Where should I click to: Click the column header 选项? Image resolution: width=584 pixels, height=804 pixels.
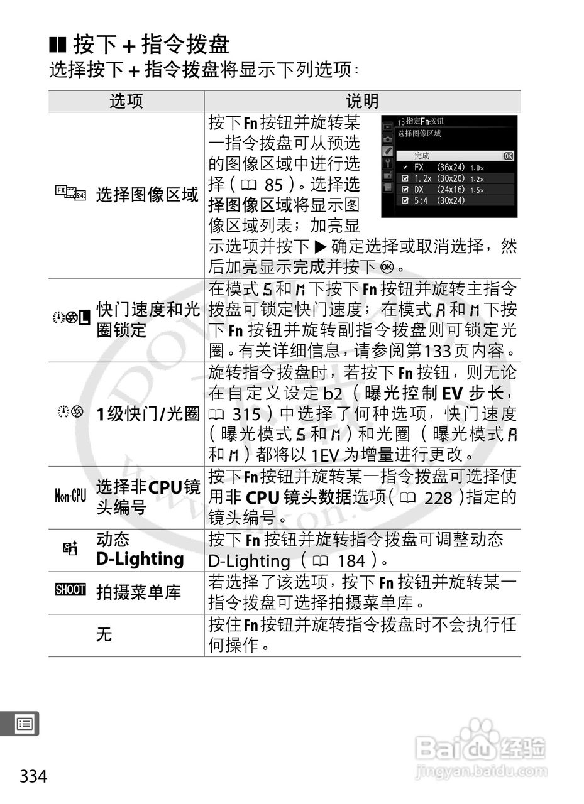tap(126, 101)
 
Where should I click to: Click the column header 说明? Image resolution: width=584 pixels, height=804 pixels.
tap(362, 101)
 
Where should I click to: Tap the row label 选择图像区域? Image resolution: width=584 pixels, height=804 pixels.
tap(147, 195)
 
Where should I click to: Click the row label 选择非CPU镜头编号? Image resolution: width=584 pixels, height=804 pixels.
tap(148, 496)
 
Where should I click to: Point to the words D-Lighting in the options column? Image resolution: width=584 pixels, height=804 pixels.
tap(140, 558)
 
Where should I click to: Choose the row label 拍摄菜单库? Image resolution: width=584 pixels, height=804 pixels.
tap(138, 592)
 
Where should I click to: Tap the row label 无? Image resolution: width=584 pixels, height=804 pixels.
tap(104, 634)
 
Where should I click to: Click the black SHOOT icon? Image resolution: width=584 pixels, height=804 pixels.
tap(70, 590)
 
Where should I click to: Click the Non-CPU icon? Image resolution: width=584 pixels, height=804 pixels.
tap(70, 497)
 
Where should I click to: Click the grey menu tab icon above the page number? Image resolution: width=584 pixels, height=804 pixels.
tap(25, 724)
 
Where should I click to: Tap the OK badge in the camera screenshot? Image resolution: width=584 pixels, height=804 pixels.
tap(508, 156)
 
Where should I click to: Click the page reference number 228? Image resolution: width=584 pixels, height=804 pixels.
tap(438, 498)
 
